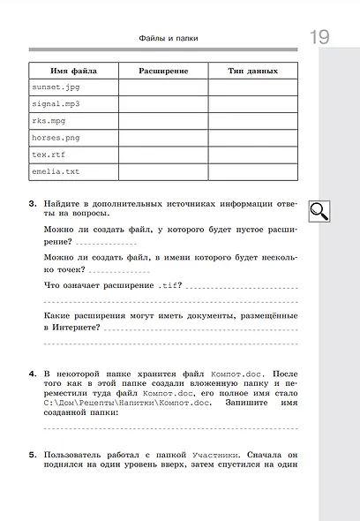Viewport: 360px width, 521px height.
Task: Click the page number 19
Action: click(319, 38)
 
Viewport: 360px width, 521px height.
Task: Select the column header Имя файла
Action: click(74, 70)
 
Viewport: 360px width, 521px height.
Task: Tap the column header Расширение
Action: click(164, 70)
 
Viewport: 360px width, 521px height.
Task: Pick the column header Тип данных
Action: click(253, 70)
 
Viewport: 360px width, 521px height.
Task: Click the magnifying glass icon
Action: click(319, 209)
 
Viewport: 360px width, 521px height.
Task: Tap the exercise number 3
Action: click(32, 203)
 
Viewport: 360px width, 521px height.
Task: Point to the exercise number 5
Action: click(32, 455)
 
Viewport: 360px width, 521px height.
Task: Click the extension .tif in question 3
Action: click(169, 285)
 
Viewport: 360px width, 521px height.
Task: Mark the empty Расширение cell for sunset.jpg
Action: click(164, 87)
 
